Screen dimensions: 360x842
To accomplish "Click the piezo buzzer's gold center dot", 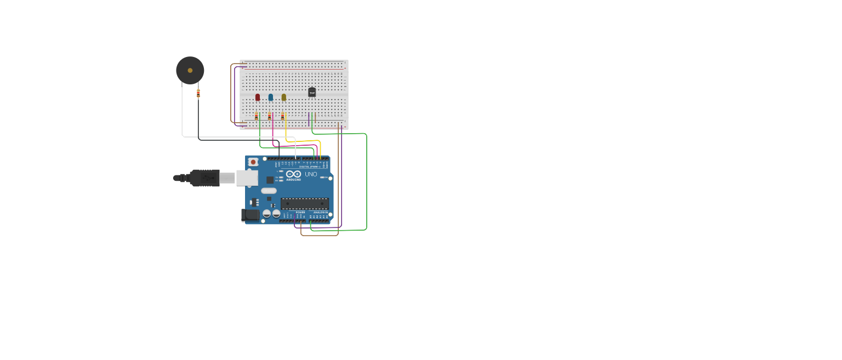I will click(190, 70).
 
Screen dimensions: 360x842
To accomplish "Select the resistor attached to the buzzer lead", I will click(198, 93).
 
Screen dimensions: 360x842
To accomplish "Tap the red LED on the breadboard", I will click(258, 97).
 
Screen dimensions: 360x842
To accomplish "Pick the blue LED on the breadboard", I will click(271, 97).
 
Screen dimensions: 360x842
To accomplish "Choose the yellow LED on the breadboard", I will click(284, 97).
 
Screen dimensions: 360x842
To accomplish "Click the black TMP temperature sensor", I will click(312, 93).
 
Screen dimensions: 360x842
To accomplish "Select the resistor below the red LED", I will click(256, 116).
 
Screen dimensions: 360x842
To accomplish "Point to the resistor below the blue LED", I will click(269, 116).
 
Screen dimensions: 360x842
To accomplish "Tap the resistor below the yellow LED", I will click(282, 116).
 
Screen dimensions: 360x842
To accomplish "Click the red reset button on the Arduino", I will click(253, 162).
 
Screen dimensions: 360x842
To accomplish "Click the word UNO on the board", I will click(311, 174).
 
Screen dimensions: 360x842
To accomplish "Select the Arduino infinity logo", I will click(293, 174).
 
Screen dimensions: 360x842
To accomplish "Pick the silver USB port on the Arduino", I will click(247, 178).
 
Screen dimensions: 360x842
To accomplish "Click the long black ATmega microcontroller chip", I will click(305, 204).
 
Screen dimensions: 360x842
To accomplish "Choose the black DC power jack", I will click(250, 215).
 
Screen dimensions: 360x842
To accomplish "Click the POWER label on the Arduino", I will click(300, 212).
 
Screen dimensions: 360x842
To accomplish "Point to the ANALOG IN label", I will click(321, 212).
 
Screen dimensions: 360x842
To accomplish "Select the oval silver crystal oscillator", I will click(269, 191).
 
